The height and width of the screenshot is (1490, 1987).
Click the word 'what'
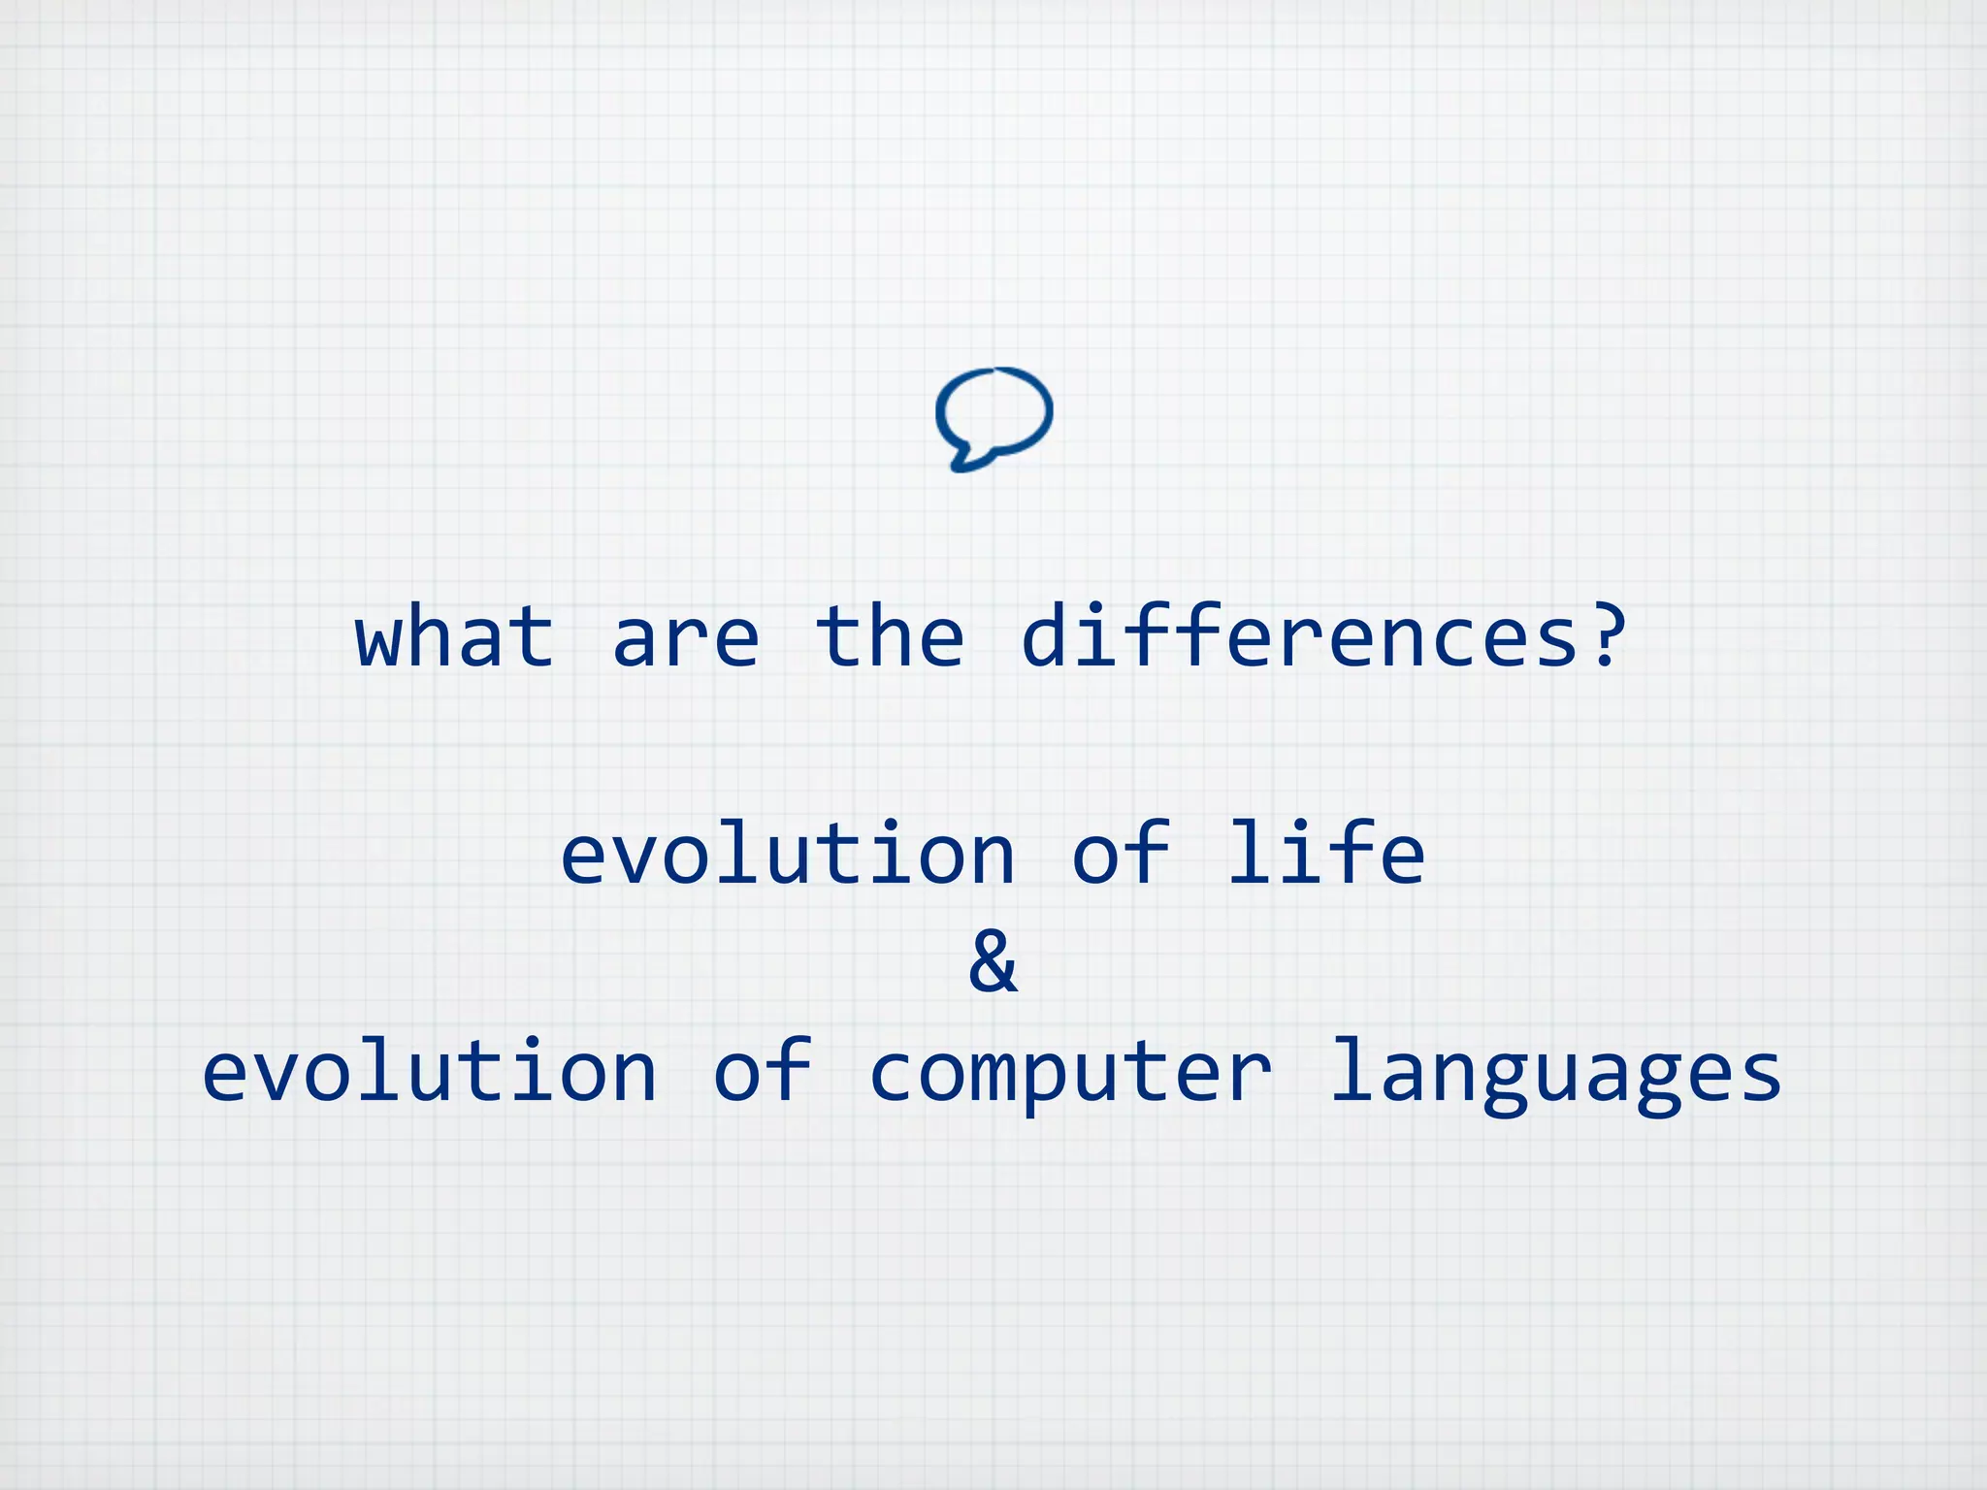455,636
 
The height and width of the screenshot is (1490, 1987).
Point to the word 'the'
890,636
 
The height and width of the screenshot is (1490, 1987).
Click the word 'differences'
1300,636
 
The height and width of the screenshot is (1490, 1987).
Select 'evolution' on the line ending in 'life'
788,854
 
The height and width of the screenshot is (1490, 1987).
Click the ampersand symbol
993,961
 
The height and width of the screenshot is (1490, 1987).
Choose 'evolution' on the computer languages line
430,1071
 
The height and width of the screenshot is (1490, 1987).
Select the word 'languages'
1555,1077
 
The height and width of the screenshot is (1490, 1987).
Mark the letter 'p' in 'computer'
1044,1083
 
